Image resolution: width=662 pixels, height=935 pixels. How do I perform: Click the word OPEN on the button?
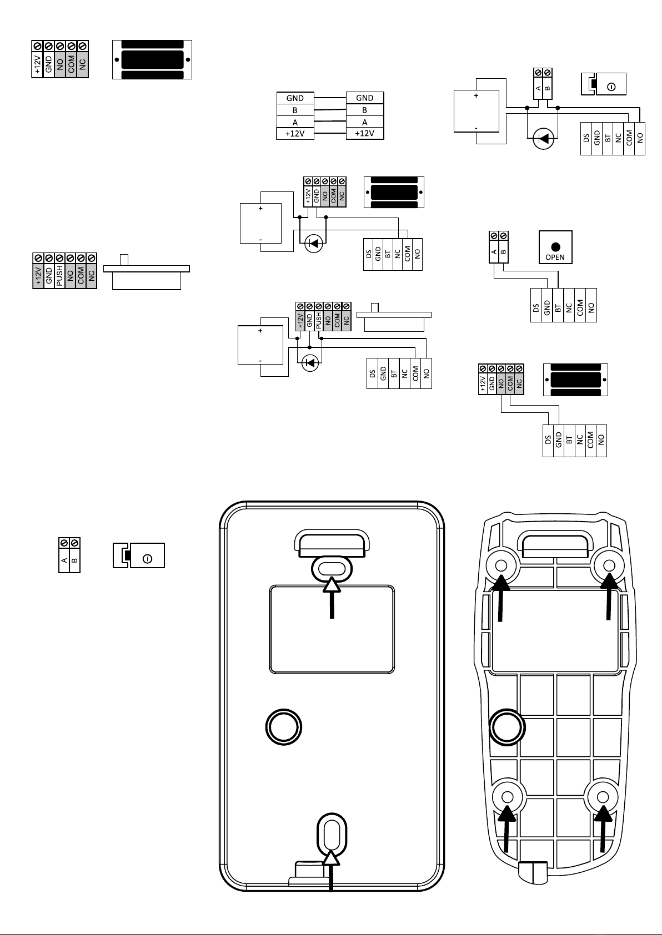[x=555, y=257]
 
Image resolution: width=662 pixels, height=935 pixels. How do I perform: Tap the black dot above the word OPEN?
[x=555, y=247]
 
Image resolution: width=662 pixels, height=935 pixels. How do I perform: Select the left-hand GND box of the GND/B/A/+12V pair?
[x=295, y=98]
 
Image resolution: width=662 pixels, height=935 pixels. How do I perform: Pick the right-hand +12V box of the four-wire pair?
[x=365, y=134]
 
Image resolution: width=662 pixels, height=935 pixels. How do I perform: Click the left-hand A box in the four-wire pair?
[x=295, y=122]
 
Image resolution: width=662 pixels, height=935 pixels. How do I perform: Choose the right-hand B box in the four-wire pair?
[x=365, y=110]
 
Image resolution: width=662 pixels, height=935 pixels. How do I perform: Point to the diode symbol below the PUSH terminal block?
[x=310, y=363]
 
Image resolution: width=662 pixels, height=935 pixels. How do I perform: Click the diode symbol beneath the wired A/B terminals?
[x=543, y=138]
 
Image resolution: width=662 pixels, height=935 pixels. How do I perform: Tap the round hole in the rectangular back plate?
[x=284, y=727]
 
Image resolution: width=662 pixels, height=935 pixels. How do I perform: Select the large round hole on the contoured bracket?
[x=507, y=727]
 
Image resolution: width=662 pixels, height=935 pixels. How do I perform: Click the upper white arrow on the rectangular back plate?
[x=332, y=598]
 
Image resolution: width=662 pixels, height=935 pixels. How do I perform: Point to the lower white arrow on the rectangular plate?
[x=331, y=871]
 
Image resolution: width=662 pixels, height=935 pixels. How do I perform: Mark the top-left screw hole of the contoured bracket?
[x=501, y=566]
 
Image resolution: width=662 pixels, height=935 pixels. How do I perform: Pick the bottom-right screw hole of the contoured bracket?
[x=603, y=797]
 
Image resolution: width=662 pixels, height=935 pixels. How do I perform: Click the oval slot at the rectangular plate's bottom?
[x=332, y=835]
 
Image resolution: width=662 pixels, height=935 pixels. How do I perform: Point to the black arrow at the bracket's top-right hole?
[x=609, y=596]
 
